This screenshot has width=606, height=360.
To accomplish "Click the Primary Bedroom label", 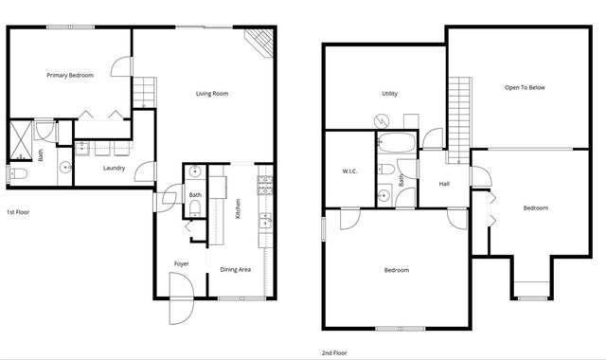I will [x=70, y=75].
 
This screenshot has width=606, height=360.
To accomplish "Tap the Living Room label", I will [x=212, y=94].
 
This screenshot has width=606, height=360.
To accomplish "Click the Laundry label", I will [x=115, y=169].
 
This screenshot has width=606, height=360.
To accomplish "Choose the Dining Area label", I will [x=236, y=270].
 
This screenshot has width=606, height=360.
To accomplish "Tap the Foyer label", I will [x=181, y=263].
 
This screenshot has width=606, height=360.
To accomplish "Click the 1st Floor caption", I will [x=19, y=212].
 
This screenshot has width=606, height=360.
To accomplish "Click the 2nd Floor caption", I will [x=333, y=352].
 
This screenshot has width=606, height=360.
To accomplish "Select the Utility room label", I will [x=389, y=94].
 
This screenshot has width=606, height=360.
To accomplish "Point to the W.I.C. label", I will [x=348, y=171].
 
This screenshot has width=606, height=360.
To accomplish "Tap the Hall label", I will [x=443, y=184].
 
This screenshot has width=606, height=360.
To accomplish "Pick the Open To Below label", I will [x=525, y=87].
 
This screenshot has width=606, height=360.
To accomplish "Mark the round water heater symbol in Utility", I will [x=382, y=121].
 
